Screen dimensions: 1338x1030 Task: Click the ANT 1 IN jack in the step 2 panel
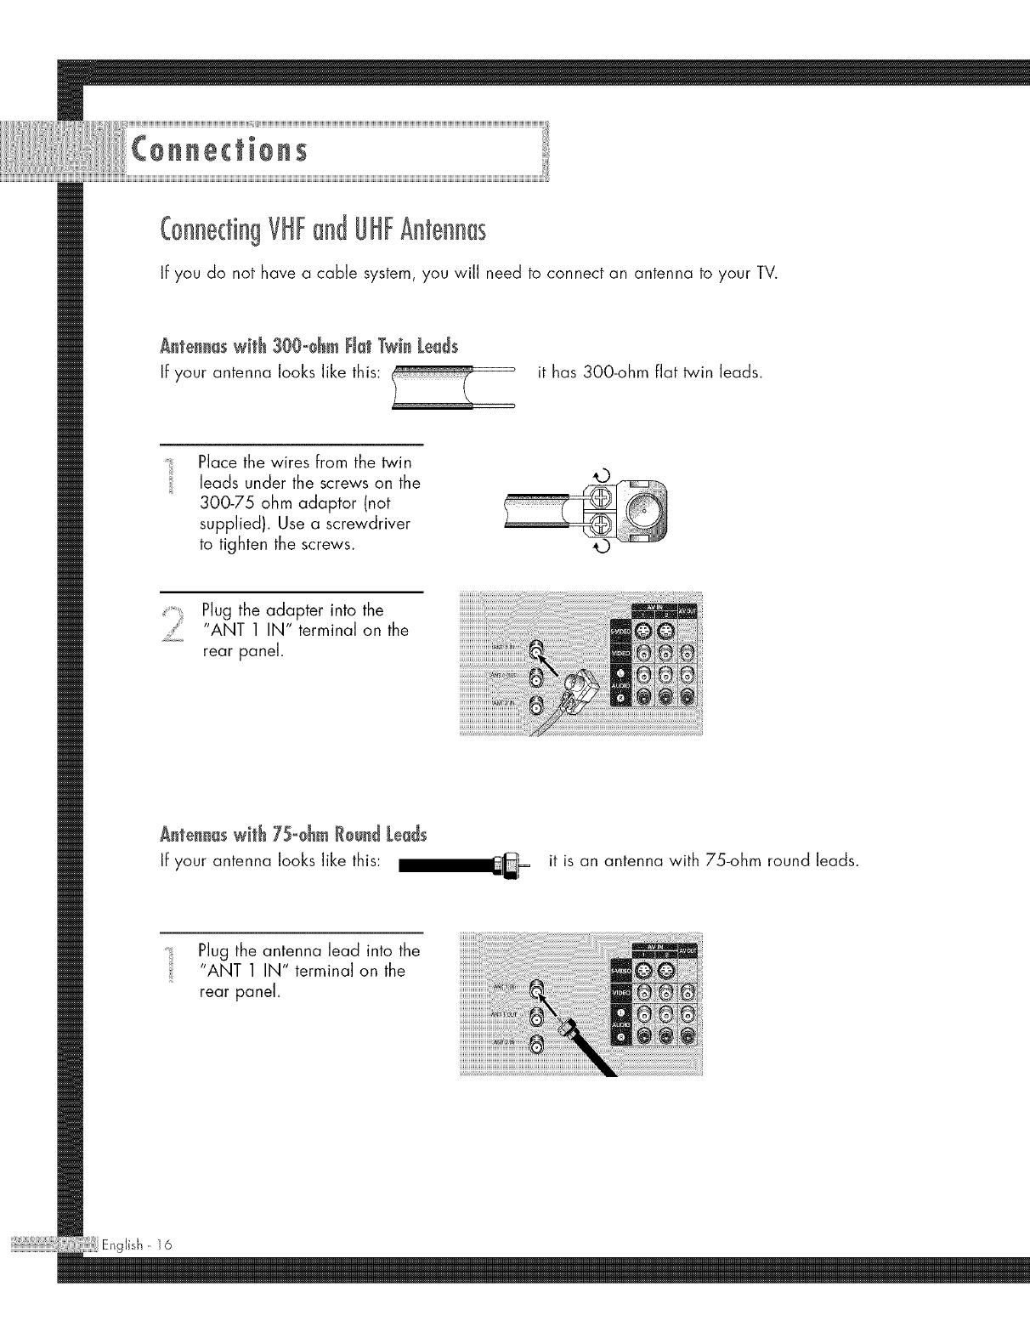(535, 651)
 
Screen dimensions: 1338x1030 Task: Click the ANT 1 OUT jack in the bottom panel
(535, 1018)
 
